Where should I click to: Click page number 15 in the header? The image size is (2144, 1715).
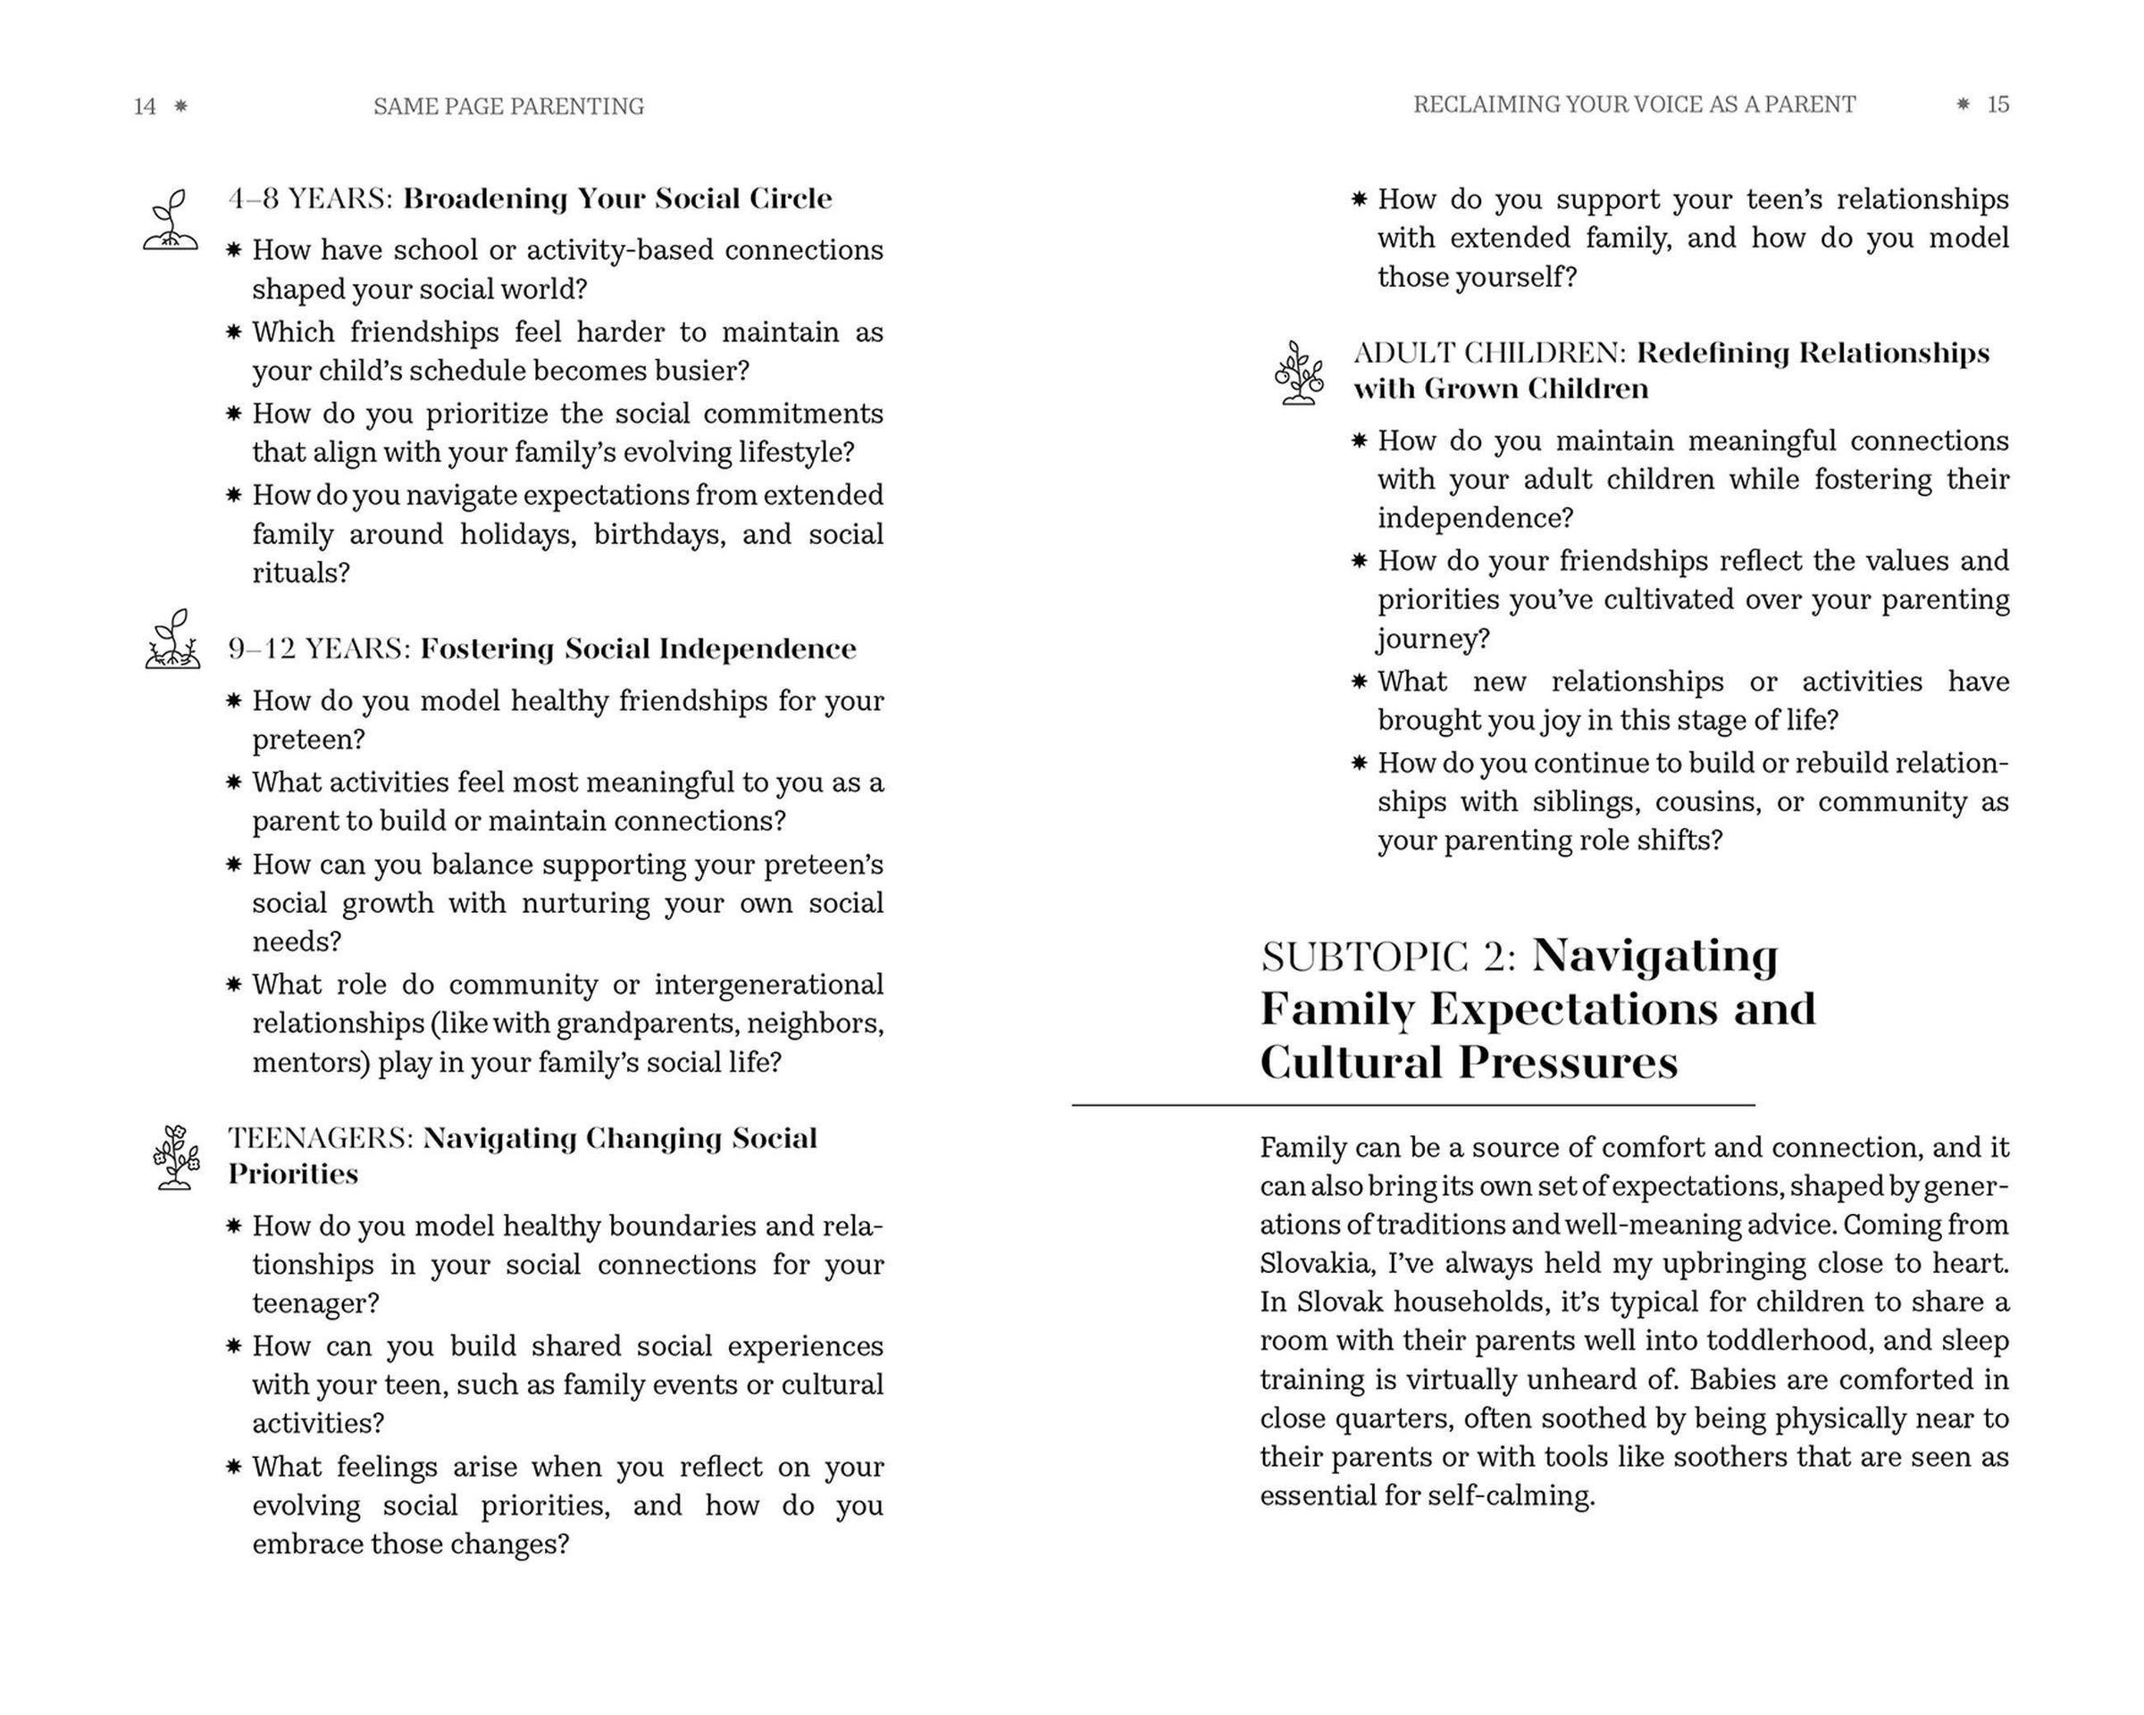[1997, 105]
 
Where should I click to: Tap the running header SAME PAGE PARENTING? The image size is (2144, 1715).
[508, 106]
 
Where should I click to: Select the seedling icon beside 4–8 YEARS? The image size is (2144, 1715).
[170, 220]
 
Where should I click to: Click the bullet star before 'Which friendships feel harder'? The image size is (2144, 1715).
[234, 331]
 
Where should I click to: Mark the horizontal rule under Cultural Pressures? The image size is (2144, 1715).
[1412, 1105]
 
